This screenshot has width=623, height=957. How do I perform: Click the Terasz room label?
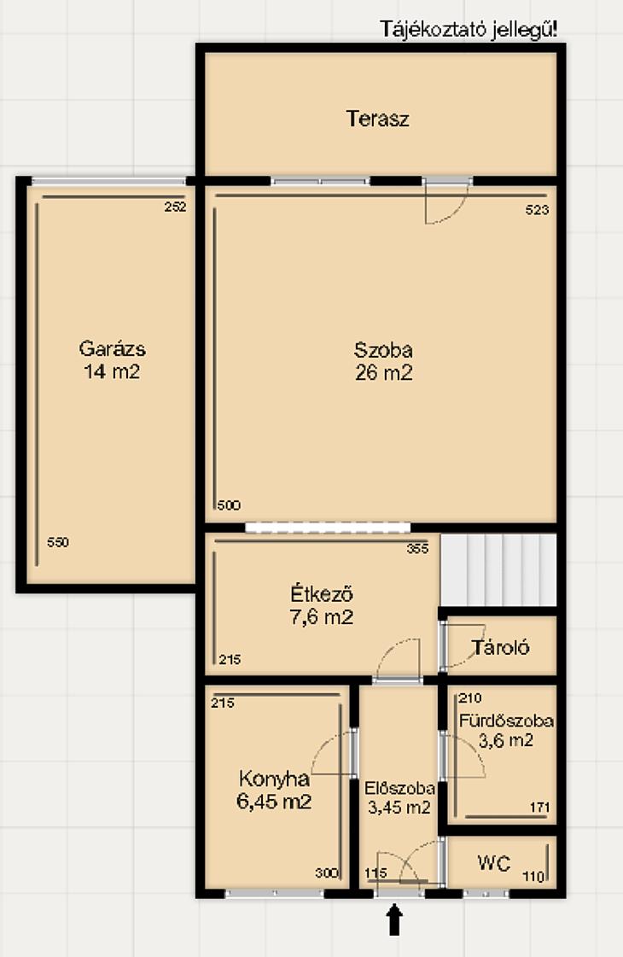tap(377, 119)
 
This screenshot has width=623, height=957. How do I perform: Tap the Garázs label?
tap(113, 348)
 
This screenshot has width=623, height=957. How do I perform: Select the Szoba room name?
tap(383, 350)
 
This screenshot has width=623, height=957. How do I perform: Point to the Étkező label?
tap(322, 593)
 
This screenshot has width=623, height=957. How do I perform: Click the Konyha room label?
tap(274, 779)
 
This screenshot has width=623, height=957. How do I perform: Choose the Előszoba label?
tap(399, 788)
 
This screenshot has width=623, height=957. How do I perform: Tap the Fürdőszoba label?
tap(506, 721)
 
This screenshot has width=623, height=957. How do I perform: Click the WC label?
tap(493, 863)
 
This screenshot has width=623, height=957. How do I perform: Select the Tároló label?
tap(500, 648)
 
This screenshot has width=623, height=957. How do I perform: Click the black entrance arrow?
tap(395, 919)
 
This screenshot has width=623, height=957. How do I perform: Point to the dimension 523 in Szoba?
tap(537, 210)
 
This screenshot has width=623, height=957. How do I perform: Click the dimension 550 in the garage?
tap(58, 542)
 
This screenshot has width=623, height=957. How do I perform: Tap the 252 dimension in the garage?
tap(175, 207)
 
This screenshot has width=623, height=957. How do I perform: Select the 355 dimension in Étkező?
tap(418, 549)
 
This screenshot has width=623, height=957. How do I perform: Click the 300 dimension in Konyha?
tap(327, 873)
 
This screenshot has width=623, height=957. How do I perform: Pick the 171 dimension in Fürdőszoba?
tap(540, 808)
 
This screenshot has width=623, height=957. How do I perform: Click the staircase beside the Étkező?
tap(498, 570)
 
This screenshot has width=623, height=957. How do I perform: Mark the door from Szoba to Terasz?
tap(446, 201)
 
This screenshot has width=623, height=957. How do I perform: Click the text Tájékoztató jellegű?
tap(469, 29)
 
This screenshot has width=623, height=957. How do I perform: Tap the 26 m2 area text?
tap(384, 372)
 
